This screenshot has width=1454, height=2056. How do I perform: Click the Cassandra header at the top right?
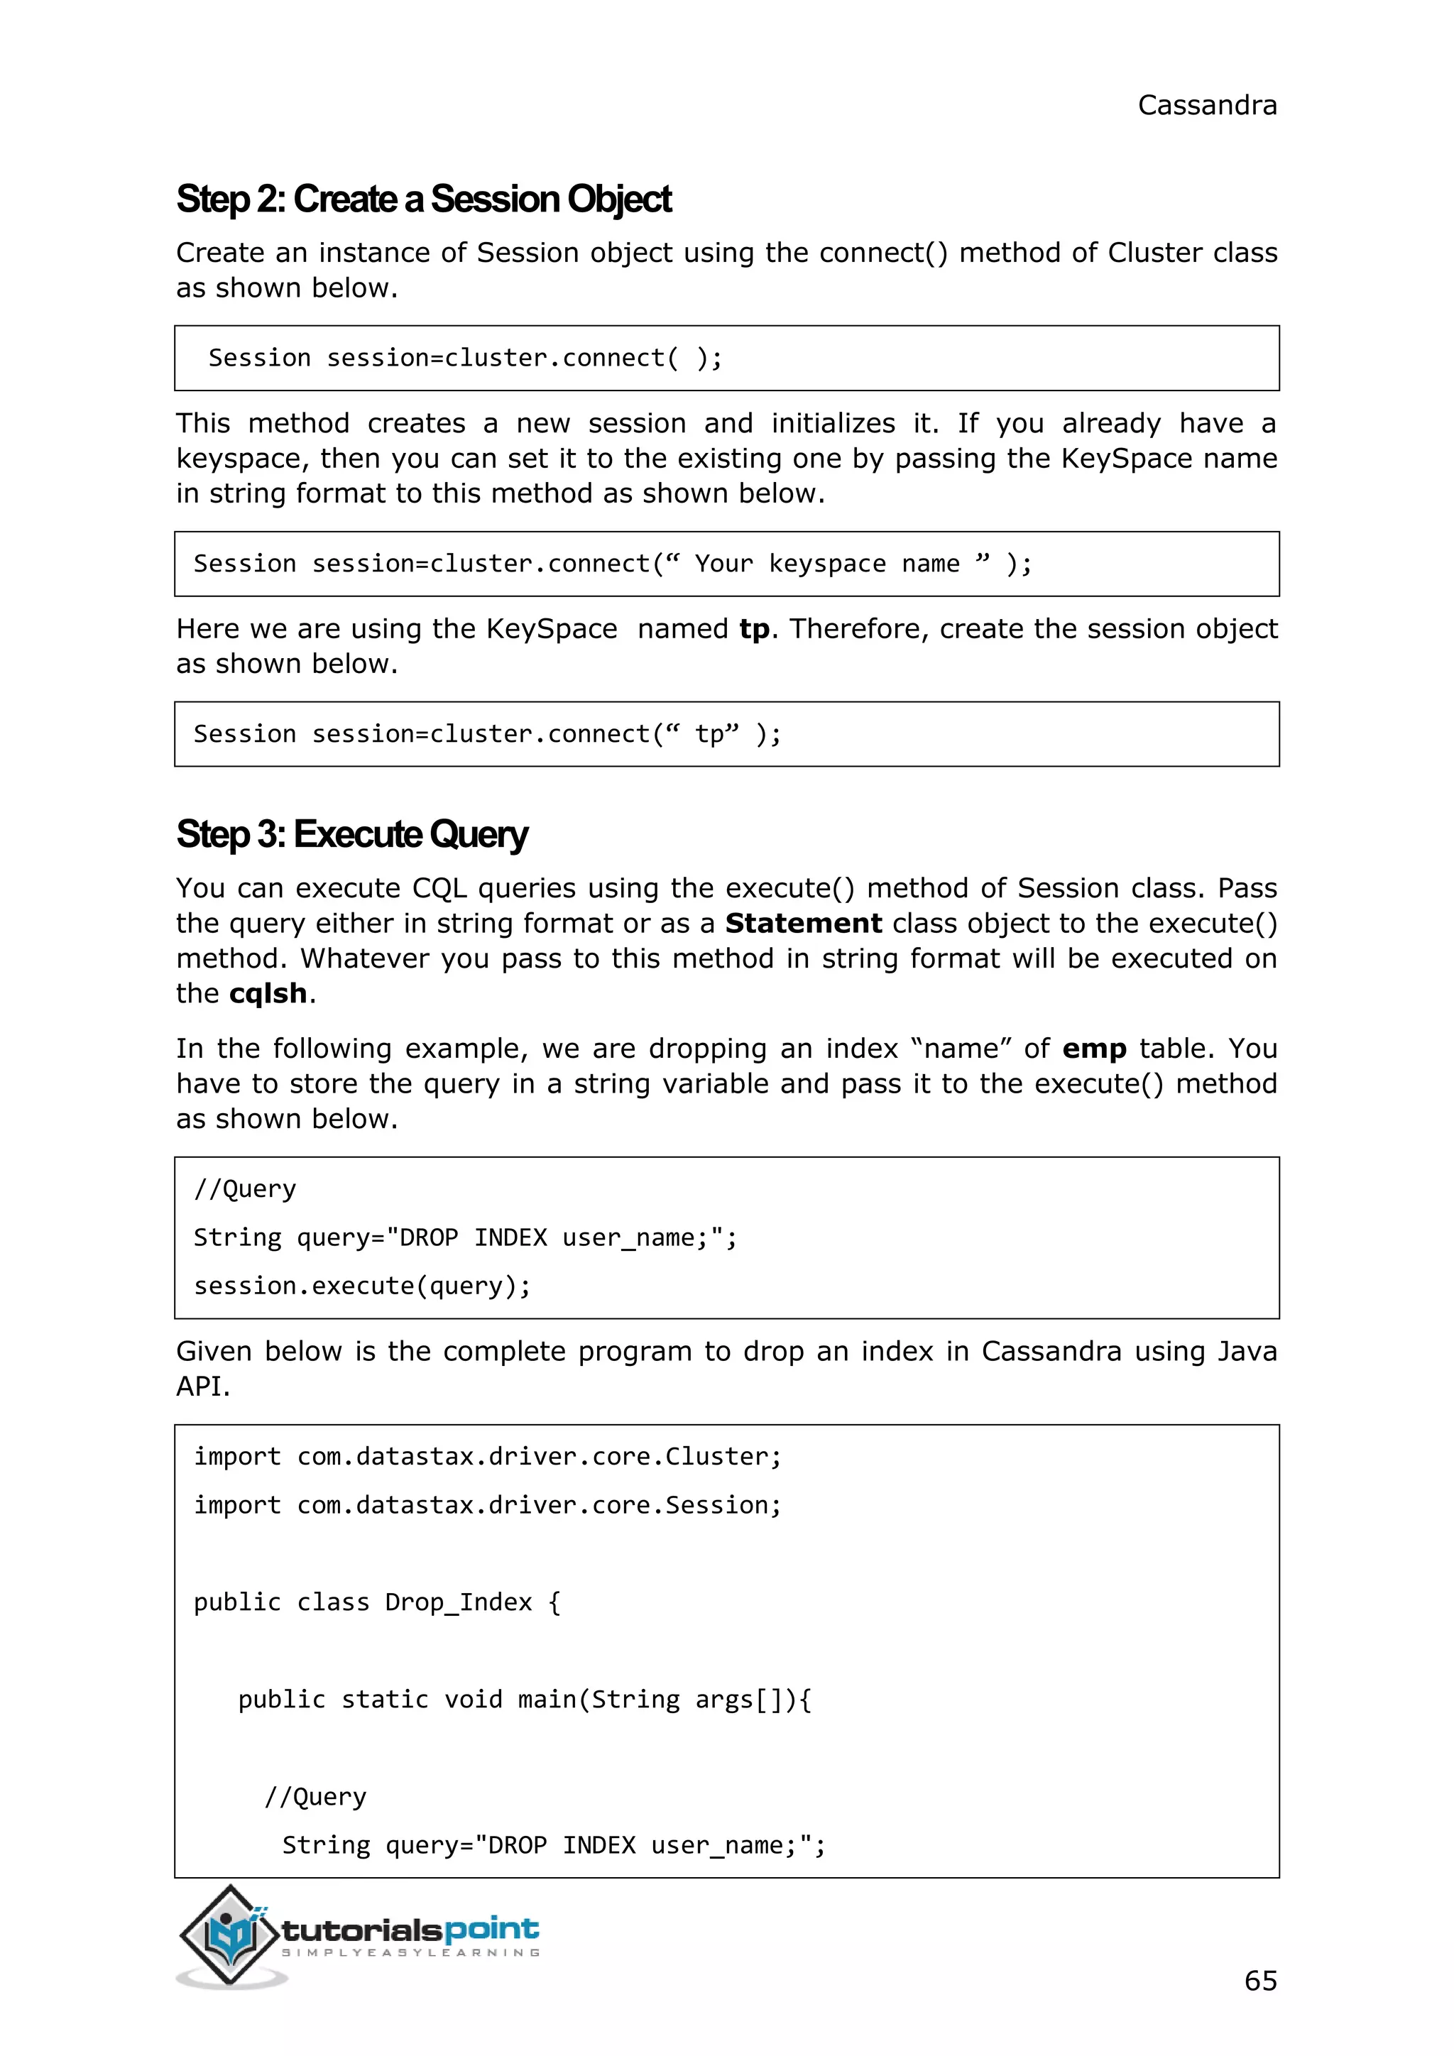pyautogui.click(x=1206, y=106)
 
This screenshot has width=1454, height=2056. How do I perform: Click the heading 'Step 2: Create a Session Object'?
pyautogui.click(x=423, y=199)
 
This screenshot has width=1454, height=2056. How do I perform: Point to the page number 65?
pyautogui.click(x=1259, y=1980)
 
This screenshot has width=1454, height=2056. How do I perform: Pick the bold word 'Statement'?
pyautogui.click(x=803, y=923)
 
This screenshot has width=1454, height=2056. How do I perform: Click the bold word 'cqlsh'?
pyautogui.click(x=268, y=993)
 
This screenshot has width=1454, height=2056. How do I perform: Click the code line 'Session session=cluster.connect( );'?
pyautogui.click(x=465, y=359)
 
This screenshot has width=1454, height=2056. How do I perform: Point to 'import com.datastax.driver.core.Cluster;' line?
pyautogui.click(x=487, y=1456)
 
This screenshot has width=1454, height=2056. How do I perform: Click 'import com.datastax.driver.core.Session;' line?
pyautogui.click(x=487, y=1504)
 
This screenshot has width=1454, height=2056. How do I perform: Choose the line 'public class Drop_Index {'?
pyautogui.click(x=377, y=1602)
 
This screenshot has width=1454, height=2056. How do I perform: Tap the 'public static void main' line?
pyautogui.click(x=524, y=1699)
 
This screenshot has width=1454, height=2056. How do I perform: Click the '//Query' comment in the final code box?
pyautogui.click(x=315, y=1796)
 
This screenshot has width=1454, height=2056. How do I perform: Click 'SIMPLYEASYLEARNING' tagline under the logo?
pyautogui.click(x=411, y=1952)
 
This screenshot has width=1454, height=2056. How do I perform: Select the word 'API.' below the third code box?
pyautogui.click(x=203, y=1387)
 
